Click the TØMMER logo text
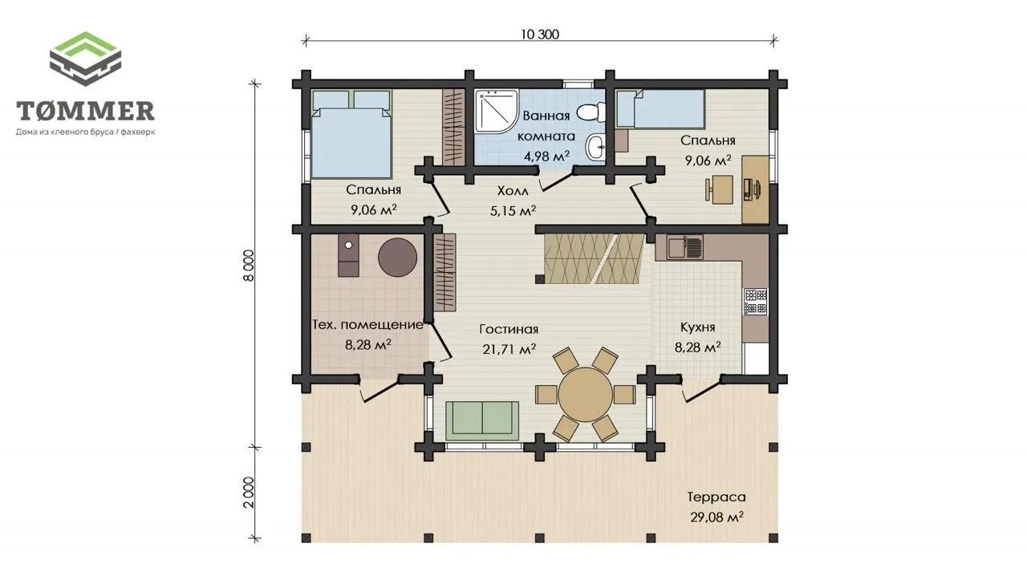tap(85, 111)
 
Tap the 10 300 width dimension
tap(540, 35)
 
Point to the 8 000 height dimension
tap(248, 266)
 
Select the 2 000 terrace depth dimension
tap(248, 493)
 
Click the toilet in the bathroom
tap(592, 112)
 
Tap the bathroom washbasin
tap(595, 147)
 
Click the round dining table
tap(586, 394)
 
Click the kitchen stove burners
tap(755, 302)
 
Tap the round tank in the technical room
tap(397, 258)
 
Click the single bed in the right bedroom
tap(660, 108)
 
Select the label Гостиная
tap(509, 329)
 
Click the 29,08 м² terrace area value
tap(716, 517)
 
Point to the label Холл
tap(513, 191)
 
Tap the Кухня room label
tap(697, 327)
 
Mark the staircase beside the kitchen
tap(594, 258)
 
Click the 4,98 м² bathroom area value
tap(547, 156)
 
